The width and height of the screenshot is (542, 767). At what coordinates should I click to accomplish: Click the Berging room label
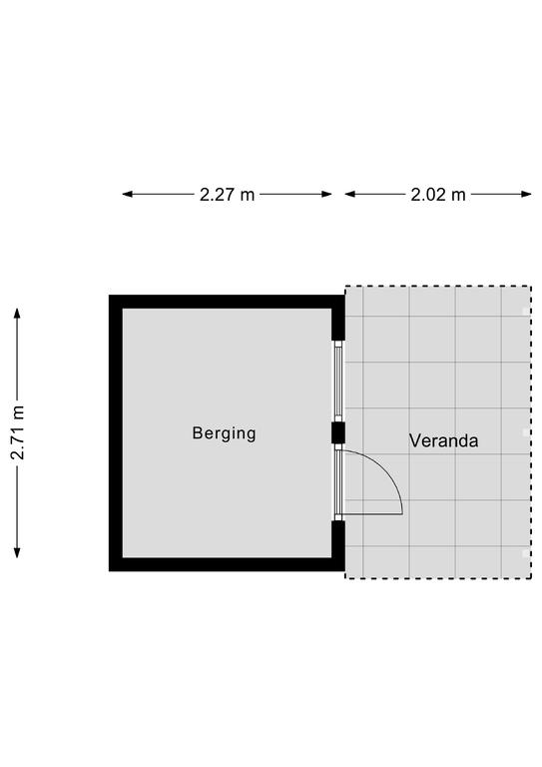tap(224, 433)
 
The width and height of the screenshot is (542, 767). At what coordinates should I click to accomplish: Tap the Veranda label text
tap(443, 440)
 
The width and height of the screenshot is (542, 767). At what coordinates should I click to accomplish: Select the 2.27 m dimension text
tap(228, 195)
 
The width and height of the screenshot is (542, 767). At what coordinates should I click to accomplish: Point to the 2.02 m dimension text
tap(438, 195)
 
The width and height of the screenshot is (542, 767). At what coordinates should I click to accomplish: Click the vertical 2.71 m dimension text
tap(18, 432)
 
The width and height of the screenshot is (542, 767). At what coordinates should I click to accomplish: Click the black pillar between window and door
tap(338, 432)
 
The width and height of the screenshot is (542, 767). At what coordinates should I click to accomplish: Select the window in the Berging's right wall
tap(338, 382)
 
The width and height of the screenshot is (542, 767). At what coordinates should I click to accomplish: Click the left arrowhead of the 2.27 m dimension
tap(128, 194)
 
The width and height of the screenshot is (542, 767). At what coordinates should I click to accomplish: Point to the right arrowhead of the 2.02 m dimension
tap(526, 194)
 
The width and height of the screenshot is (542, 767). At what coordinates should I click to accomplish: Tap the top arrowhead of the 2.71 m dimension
tap(17, 314)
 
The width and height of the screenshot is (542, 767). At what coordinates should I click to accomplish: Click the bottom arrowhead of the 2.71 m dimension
tap(17, 552)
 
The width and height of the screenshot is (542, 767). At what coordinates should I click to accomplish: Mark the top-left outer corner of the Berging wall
tap(109, 295)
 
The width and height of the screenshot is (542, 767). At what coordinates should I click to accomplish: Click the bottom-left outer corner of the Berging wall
tap(109, 571)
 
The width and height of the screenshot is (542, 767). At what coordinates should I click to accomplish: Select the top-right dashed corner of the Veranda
tap(531, 287)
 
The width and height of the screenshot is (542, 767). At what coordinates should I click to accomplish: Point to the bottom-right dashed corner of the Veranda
tap(531, 578)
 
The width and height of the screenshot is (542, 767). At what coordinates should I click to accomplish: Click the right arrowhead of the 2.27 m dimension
tap(326, 194)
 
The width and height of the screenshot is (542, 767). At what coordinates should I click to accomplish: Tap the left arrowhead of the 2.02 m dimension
tap(350, 194)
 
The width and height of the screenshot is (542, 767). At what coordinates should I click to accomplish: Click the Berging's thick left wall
tap(116, 432)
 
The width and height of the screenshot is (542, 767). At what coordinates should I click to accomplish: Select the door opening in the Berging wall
tap(338, 481)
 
